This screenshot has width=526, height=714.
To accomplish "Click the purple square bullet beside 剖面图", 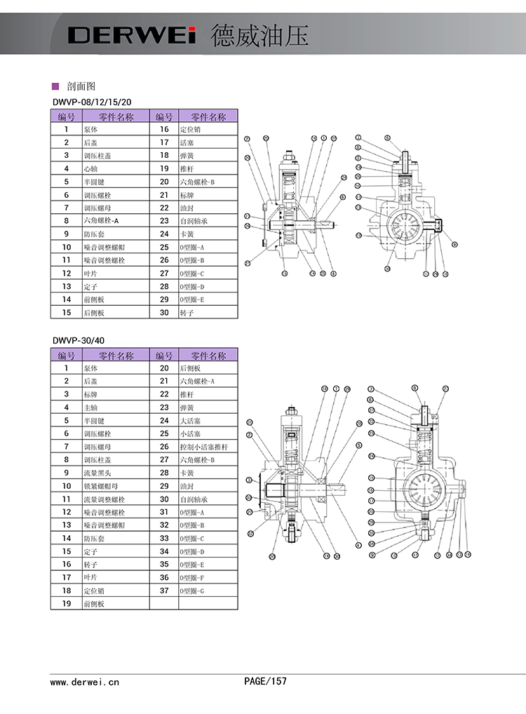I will pyautogui.click(x=55, y=86).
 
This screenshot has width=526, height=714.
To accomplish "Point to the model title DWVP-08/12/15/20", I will pyautogui.click(x=92, y=102).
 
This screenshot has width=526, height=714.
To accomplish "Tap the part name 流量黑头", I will pyautogui.click(x=96, y=472).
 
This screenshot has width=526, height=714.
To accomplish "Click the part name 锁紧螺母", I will pyautogui.click(x=99, y=485).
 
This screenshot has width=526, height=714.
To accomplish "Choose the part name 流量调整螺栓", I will pyautogui.click(x=102, y=499).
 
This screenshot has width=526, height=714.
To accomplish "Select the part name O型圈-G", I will pyautogui.click(x=192, y=591).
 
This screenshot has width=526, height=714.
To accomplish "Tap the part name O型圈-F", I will pyautogui.click(x=192, y=577).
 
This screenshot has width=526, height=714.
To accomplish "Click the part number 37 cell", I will pyautogui.click(x=164, y=591).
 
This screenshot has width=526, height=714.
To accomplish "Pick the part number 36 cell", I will pyautogui.click(x=164, y=577).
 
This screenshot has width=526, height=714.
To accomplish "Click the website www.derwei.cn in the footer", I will pyautogui.click(x=85, y=681).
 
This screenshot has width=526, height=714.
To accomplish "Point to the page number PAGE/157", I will pyautogui.click(x=265, y=680).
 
